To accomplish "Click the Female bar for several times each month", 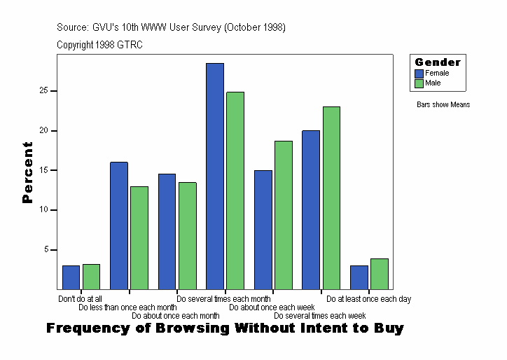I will click(x=215, y=176).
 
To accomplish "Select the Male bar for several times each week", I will click(x=331, y=198).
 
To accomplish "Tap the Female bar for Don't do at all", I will click(x=71, y=277).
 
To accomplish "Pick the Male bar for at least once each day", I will click(x=379, y=274).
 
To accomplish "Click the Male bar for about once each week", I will click(x=284, y=215).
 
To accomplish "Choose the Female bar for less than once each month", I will click(x=119, y=226).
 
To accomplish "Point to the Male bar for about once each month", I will click(x=188, y=235).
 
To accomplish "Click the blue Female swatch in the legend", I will click(x=419, y=73).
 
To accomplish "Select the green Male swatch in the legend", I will click(x=419, y=83).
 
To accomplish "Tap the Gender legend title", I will click(x=438, y=62).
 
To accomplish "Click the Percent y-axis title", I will click(x=27, y=172).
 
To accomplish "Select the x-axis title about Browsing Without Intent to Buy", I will click(x=225, y=328).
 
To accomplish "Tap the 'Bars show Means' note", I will click(x=443, y=105).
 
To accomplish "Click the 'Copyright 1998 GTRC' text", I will click(x=99, y=45).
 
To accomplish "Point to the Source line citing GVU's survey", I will click(x=171, y=27).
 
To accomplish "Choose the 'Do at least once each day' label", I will click(x=368, y=299).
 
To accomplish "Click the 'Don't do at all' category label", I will click(x=80, y=299).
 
